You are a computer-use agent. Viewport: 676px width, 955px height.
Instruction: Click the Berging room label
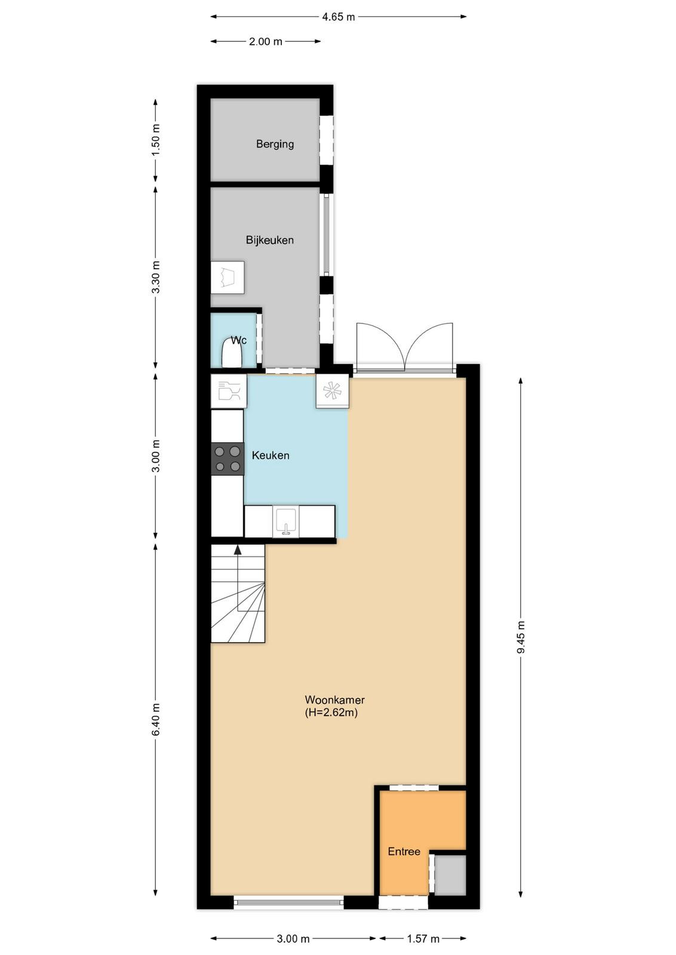click(275, 144)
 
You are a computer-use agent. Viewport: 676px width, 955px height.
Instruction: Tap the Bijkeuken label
click(269, 240)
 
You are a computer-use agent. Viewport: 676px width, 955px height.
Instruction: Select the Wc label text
click(239, 340)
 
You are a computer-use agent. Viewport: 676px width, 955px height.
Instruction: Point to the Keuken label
click(271, 455)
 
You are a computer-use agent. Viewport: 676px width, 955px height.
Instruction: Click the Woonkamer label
click(335, 700)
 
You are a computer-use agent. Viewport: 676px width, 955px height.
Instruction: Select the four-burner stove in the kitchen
click(228, 459)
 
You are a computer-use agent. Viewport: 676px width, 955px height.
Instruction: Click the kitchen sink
click(286, 522)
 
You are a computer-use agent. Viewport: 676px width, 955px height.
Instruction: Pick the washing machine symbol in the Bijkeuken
click(228, 278)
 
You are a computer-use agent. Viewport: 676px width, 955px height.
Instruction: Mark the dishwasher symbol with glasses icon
click(229, 390)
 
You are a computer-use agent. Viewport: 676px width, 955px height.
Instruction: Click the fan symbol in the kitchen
click(332, 392)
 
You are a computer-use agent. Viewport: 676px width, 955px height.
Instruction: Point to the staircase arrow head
click(238, 550)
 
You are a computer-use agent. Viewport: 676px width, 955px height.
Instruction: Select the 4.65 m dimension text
click(338, 17)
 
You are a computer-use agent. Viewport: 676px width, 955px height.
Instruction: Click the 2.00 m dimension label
click(265, 41)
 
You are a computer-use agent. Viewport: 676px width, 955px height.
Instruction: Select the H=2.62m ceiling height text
click(331, 712)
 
